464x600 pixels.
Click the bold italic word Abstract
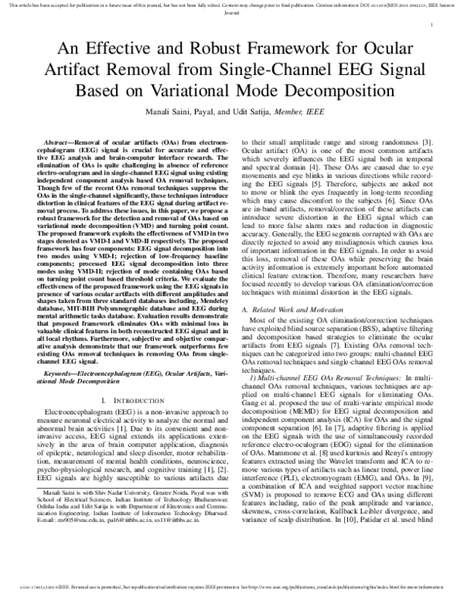coord(60,144)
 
